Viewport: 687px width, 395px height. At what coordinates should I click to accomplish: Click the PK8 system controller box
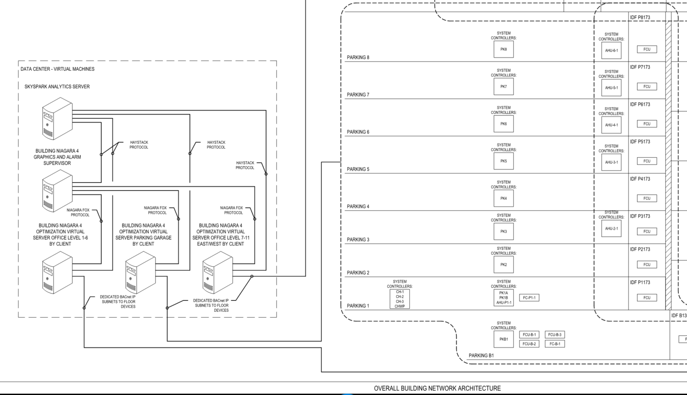point(503,49)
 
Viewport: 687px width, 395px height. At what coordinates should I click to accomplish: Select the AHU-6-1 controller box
point(611,49)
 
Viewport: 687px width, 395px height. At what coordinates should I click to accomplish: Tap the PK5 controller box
point(503,161)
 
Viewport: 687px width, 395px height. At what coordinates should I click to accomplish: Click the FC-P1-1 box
point(530,298)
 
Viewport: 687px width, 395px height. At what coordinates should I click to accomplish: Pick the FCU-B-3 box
point(555,334)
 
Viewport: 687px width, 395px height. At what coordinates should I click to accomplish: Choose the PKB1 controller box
point(503,339)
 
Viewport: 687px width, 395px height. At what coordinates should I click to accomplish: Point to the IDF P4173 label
point(640,179)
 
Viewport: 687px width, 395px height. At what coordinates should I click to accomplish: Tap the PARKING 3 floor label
point(358,239)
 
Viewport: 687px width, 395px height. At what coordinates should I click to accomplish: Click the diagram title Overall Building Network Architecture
point(437,388)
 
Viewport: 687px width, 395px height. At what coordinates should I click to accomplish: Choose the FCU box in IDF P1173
point(646,298)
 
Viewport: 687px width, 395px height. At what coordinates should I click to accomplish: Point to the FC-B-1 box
point(555,344)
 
